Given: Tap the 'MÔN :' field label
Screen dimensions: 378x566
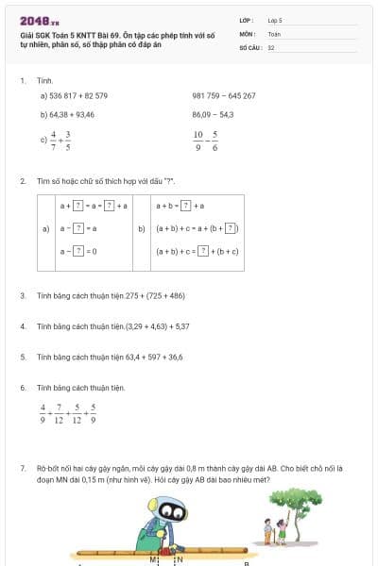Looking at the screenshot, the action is [x=249, y=33].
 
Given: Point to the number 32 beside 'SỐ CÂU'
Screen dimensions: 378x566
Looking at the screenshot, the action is [x=271, y=47].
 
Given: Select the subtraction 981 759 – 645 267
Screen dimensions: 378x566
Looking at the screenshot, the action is [x=224, y=95].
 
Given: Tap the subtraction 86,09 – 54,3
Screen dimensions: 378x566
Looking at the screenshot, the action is [x=213, y=114].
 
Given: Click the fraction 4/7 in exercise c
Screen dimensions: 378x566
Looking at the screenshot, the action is [x=54, y=141].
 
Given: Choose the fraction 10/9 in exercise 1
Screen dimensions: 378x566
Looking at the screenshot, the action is [x=198, y=141].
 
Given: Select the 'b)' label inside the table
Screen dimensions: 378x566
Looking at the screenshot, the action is [x=142, y=228].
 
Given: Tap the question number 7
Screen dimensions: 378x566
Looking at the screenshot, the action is [x=22, y=467].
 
